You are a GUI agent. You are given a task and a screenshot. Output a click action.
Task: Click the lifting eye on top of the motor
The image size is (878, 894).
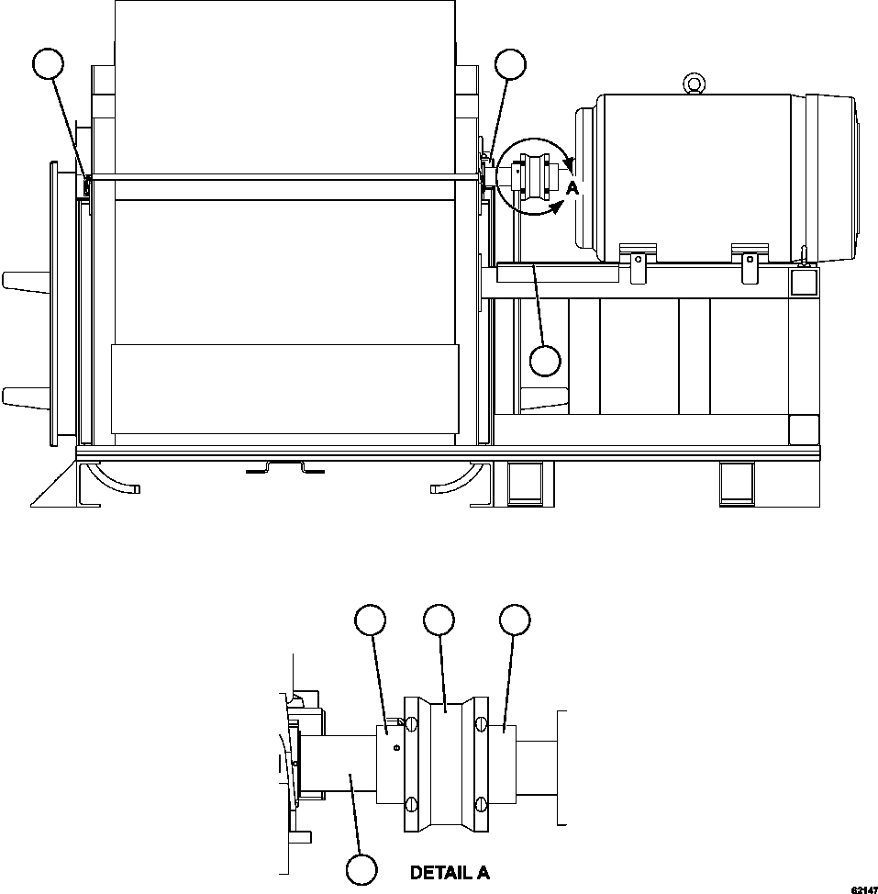tap(694, 84)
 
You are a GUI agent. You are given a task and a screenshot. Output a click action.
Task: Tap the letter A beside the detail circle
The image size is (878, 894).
tap(572, 188)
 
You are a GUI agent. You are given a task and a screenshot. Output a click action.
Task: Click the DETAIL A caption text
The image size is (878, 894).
tap(450, 873)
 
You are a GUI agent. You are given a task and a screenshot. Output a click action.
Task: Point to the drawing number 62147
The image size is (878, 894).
tap(862, 889)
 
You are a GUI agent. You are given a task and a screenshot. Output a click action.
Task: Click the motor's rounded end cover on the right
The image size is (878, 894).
tap(835, 174)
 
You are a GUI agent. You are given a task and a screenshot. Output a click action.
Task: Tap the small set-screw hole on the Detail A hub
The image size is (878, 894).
tap(395, 748)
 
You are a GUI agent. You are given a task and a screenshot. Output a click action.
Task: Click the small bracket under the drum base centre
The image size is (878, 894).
tap(285, 469)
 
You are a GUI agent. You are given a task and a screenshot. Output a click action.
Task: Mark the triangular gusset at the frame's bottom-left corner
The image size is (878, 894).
tap(55, 486)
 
